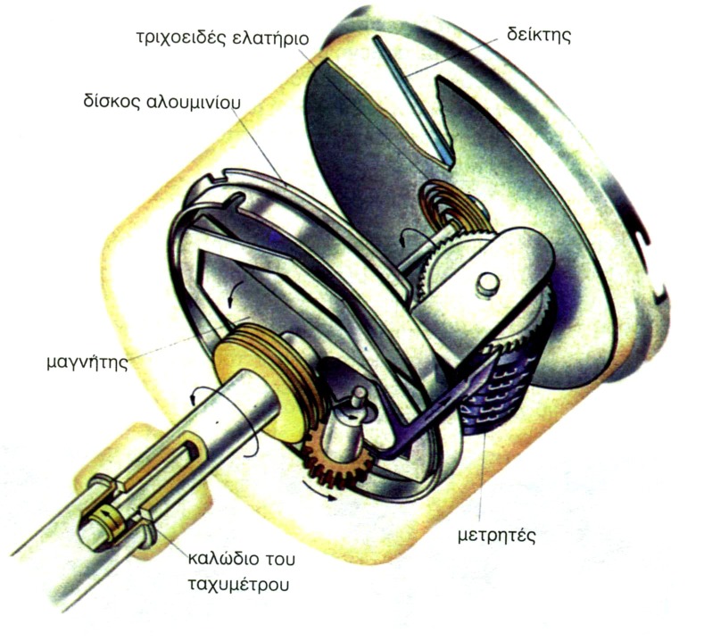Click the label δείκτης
[x=540, y=37]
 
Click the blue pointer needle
[x=413, y=97]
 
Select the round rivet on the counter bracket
[x=486, y=284]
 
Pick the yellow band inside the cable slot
[x=108, y=519]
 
